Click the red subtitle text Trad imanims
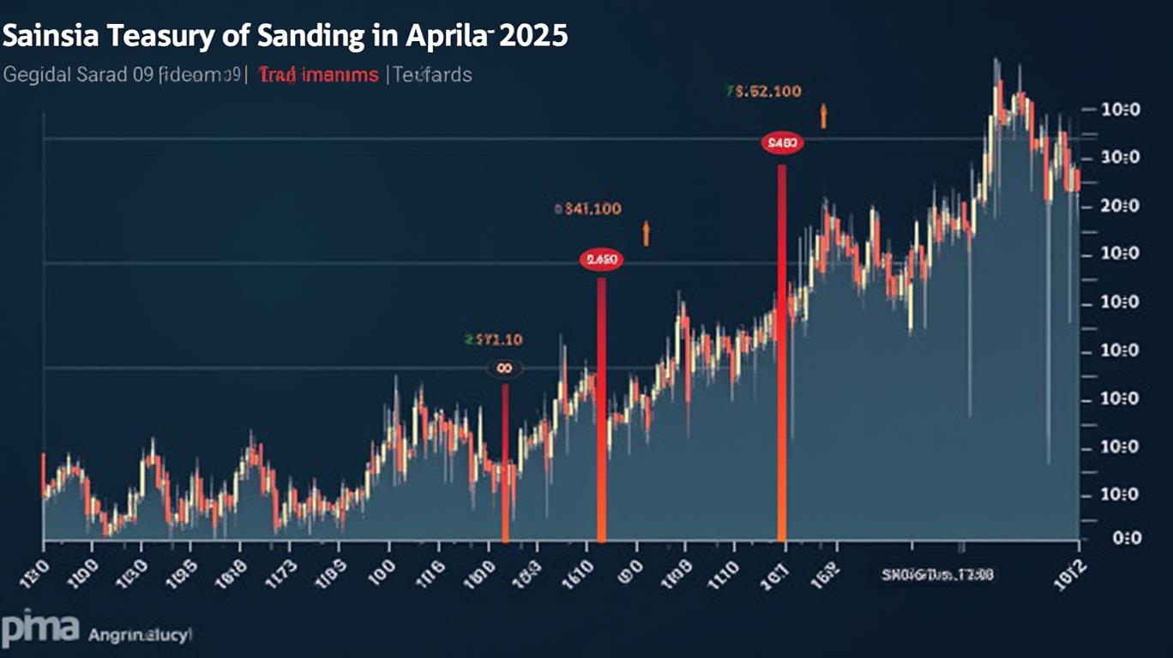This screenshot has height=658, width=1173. pyautogui.click(x=318, y=75)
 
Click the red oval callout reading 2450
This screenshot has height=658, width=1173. pyautogui.click(x=601, y=259)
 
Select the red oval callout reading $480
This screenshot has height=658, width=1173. pyautogui.click(x=782, y=143)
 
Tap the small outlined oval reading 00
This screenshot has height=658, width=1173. pyautogui.click(x=505, y=368)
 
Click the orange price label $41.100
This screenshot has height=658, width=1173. pyautogui.click(x=589, y=208)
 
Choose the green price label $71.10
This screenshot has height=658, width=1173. pyautogui.click(x=493, y=340)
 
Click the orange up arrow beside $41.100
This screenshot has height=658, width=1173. pyautogui.click(x=647, y=232)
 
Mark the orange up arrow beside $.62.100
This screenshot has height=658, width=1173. pyautogui.click(x=823, y=116)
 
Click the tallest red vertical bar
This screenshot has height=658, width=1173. pyautogui.click(x=782, y=351)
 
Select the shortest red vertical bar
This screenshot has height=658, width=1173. pyautogui.click(x=505, y=463)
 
